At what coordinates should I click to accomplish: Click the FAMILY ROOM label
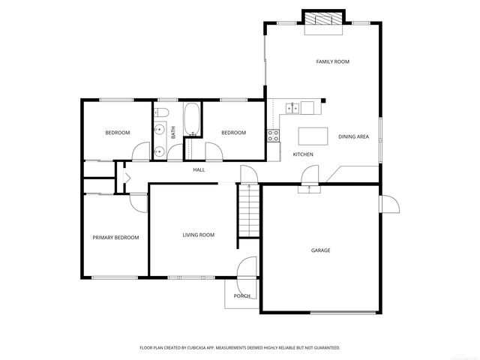[332, 61]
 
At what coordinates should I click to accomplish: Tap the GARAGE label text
[320, 250]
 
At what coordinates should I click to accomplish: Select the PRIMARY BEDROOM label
[115, 238]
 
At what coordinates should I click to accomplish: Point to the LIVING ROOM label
[199, 235]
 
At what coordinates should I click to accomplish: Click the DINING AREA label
[353, 136]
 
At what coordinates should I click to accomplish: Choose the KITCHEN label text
[303, 154]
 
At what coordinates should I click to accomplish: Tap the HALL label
[199, 170]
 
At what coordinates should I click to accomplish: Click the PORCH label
[241, 296]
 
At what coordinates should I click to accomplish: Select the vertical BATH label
[173, 132]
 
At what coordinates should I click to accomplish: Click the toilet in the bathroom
[160, 114]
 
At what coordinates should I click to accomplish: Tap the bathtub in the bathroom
[191, 118]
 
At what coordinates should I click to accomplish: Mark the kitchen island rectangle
[314, 136]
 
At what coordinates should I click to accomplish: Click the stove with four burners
[274, 136]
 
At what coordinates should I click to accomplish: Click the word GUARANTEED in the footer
[324, 348]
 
